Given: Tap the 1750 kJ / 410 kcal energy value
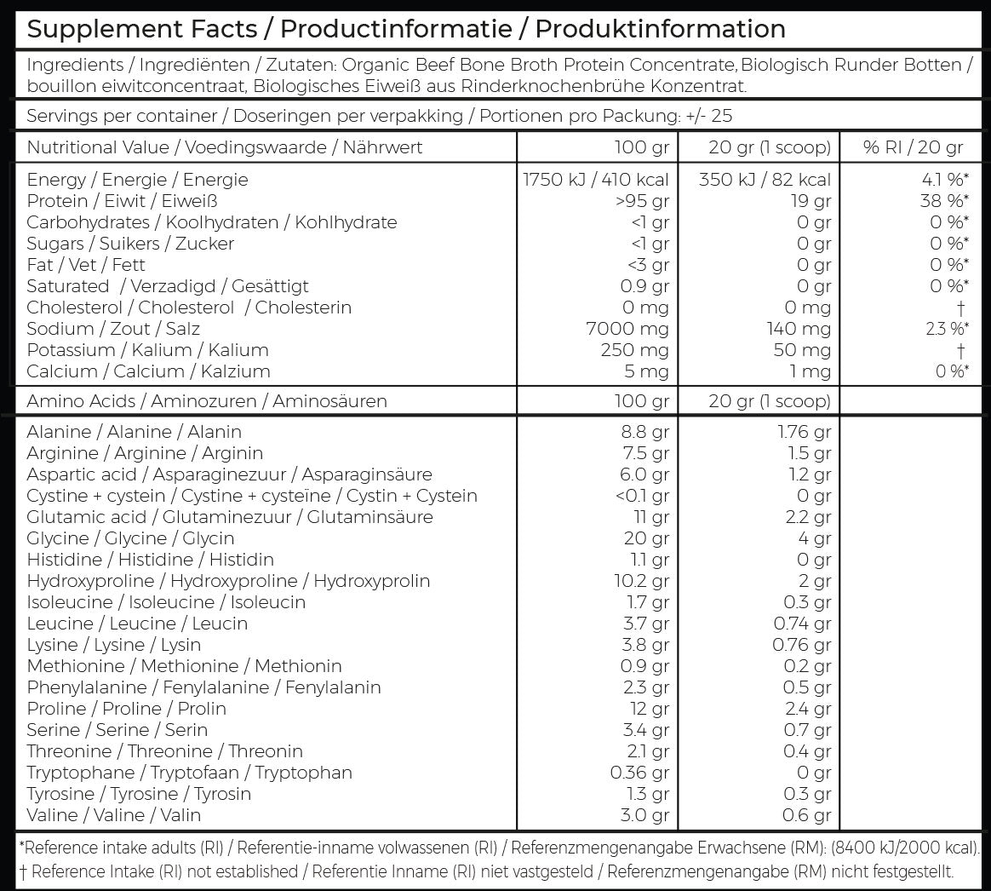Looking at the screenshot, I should [x=596, y=180].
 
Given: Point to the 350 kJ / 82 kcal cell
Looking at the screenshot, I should [x=765, y=180].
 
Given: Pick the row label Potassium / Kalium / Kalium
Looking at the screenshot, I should [x=147, y=350].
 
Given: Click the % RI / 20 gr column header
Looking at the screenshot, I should [x=913, y=147].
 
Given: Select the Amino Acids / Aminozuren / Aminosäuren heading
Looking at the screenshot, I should [x=207, y=401].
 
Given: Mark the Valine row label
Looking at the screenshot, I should [x=113, y=815].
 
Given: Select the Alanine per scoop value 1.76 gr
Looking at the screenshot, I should [x=805, y=432].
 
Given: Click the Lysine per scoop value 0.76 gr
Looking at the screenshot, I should [x=802, y=645].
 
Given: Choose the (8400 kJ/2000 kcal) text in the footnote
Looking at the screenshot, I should [x=905, y=848].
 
